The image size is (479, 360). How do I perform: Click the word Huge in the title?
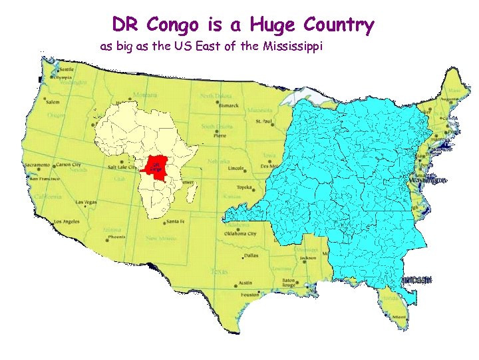click(x=273, y=26)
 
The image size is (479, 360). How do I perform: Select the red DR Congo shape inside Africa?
click(x=155, y=167)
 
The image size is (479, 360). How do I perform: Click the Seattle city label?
click(x=66, y=69)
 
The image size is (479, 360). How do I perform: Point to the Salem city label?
click(x=53, y=101)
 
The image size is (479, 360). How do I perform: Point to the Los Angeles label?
click(x=67, y=221)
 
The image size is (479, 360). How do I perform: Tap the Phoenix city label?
click(x=116, y=237)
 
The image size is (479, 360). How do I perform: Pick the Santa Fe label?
click(x=176, y=221)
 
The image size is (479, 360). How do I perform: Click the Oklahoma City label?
click(x=245, y=233)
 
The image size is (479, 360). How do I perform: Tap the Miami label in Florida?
click(x=399, y=316)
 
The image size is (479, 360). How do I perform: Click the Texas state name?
click(x=219, y=271)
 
